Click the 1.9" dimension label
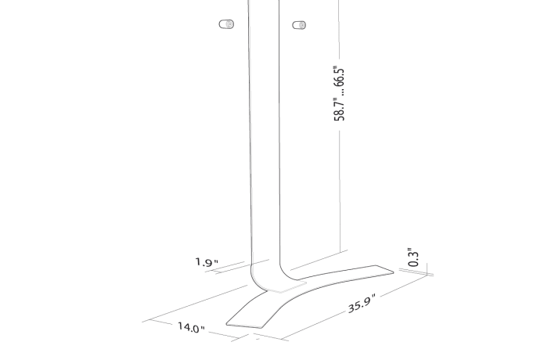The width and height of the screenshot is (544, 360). pos(207,262)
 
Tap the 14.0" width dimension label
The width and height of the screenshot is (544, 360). pos(189,326)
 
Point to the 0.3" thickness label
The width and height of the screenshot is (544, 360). pos(414,257)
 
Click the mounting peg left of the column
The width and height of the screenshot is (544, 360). pos(226,24)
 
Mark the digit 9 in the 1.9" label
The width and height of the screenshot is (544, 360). pos(209,263)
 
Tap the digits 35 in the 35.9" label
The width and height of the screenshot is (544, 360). pos(355,307)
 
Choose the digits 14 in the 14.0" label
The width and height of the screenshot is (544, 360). pos(182,325)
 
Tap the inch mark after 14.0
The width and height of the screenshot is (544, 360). pos(203,330)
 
